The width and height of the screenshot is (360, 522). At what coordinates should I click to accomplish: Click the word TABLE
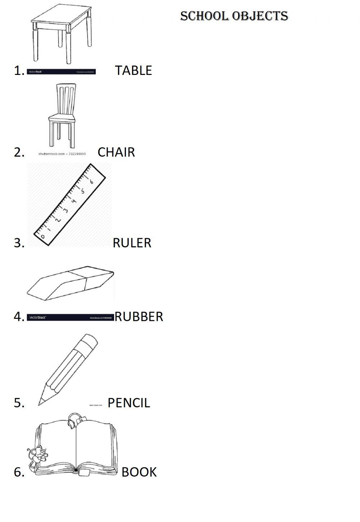pos(133,71)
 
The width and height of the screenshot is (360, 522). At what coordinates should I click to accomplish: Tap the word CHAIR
pos(116,152)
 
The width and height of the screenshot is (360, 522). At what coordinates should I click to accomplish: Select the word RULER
pos(132,243)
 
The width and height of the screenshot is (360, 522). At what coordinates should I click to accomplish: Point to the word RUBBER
pos(139,317)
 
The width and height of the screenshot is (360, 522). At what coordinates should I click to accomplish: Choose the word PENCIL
pos(129,403)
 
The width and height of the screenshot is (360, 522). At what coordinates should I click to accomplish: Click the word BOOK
pos(139,472)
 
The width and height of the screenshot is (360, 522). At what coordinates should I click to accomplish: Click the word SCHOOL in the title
pos(204,16)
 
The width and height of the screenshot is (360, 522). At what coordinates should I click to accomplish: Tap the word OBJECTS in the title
pos(260,16)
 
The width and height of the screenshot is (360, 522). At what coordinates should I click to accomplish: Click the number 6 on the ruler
pos(91,182)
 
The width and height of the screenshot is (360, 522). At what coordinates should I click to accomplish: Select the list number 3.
pos(19,243)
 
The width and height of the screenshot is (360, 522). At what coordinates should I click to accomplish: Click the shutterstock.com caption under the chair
pos(62,154)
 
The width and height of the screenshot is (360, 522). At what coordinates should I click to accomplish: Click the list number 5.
pos(19,403)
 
